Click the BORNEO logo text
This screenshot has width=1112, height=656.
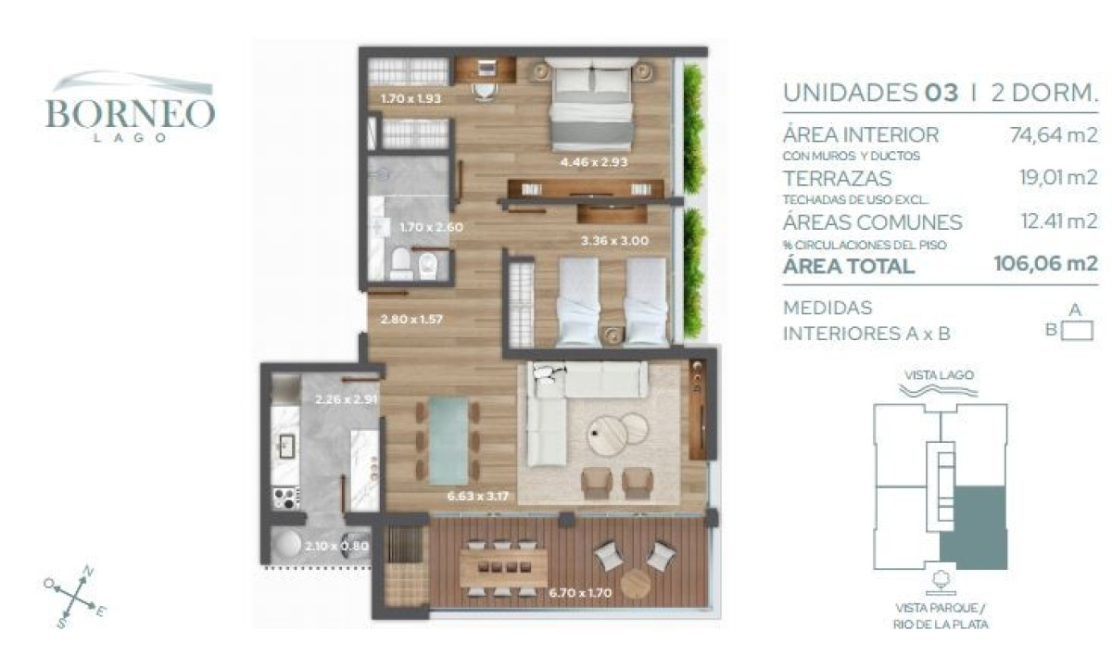tap(130, 113)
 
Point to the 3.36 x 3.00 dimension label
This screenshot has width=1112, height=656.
tap(613, 241)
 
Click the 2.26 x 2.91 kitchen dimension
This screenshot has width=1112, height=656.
tap(347, 400)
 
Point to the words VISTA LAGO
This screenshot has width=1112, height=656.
tap(940, 374)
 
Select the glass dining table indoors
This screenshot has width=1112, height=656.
tap(449, 440)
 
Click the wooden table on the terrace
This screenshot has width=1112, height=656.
tap(503, 567)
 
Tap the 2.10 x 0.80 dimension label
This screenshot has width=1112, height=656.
tap(337, 546)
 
